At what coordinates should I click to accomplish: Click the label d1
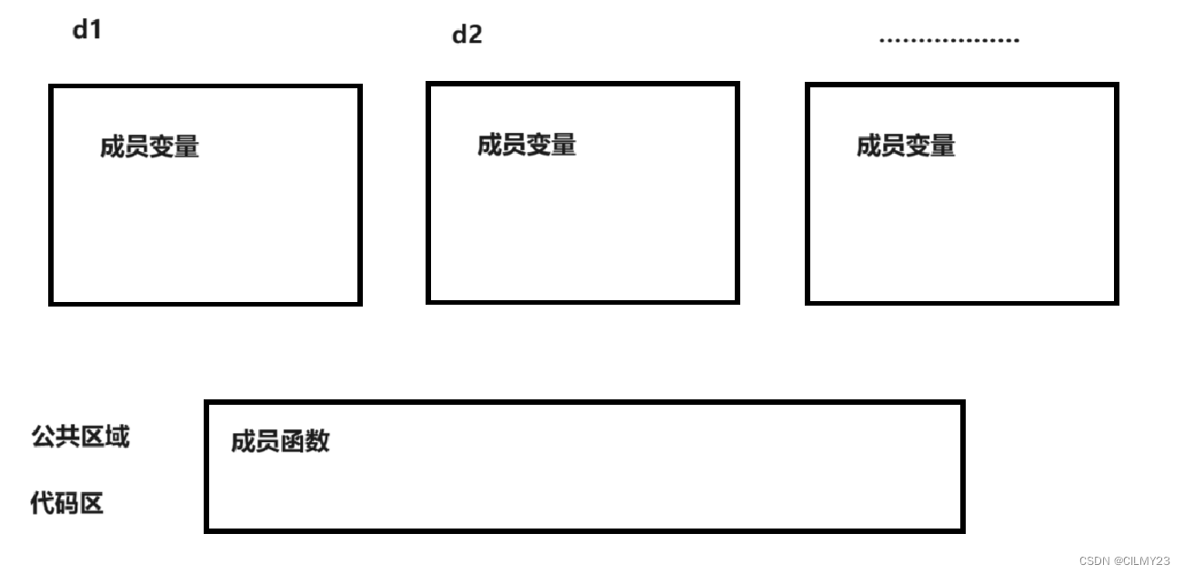[x=87, y=30]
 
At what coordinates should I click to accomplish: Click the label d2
[x=467, y=35]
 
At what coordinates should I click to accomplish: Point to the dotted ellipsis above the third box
[x=948, y=40]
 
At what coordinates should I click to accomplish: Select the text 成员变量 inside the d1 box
[x=149, y=146]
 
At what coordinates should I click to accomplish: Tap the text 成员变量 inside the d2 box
[x=527, y=145]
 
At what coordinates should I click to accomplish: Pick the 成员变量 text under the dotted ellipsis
[x=906, y=146]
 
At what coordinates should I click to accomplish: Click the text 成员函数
[x=280, y=442]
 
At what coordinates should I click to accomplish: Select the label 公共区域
[x=80, y=437]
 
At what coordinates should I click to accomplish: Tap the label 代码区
[x=67, y=503]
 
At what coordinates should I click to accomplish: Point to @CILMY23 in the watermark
[x=1141, y=561]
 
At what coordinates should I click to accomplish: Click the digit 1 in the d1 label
[x=95, y=30]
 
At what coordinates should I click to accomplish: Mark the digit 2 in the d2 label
[x=474, y=35]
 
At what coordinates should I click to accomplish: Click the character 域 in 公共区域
[x=117, y=437]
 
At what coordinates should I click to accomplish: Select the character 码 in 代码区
[x=67, y=503]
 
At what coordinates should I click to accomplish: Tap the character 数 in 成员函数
[x=317, y=442]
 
